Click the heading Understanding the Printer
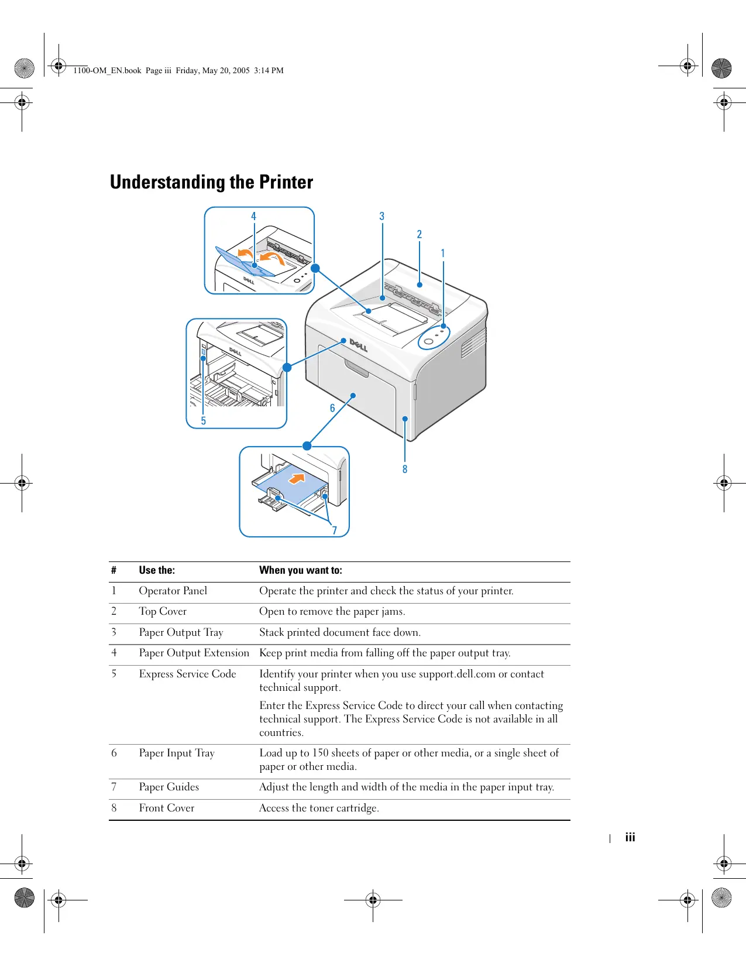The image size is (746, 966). [x=211, y=182]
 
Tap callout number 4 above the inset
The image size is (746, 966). [x=253, y=216]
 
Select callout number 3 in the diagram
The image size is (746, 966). [x=382, y=216]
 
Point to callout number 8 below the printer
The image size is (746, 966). [x=404, y=469]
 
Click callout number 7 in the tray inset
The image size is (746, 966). [x=335, y=530]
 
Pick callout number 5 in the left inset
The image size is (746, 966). [x=203, y=420]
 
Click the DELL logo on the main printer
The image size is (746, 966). [x=358, y=345]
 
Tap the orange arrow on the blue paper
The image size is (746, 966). [x=298, y=478]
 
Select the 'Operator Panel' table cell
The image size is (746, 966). [x=173, y=591]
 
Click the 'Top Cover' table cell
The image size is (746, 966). [x=163, y=611]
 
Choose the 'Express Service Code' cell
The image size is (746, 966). [x=187, y=674]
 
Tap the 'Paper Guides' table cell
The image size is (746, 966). [x=169, y=787]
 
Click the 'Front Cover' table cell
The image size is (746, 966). [x=166, y=808]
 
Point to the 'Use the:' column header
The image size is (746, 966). [x=157, y=570]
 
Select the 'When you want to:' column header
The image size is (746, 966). [x=301, y=570]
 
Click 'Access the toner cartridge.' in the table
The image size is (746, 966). [x=319, y=808]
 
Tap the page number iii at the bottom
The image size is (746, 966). [x=630, y=837]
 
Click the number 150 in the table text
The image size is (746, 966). [x=320, y=753]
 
